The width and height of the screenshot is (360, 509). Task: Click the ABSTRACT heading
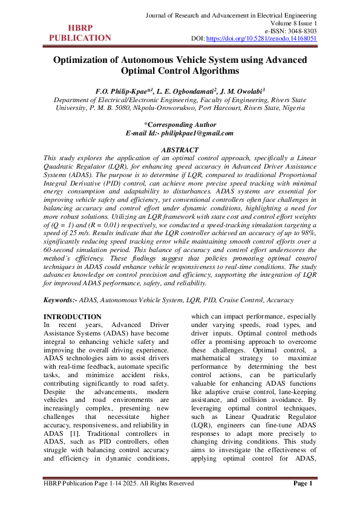pos(180,149)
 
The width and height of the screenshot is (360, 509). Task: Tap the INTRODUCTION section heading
pos(73,317)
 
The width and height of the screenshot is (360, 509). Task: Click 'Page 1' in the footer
pos(303,483)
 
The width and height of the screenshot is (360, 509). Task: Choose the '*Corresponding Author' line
pos(180,125)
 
